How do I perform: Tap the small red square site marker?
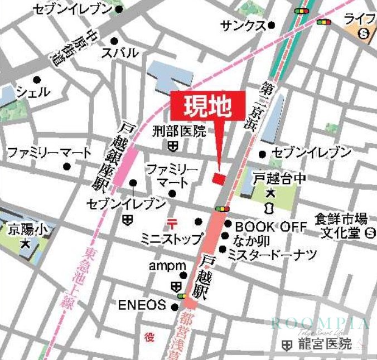pyautogui.click(x=219, y=178)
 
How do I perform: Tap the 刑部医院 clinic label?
pyautogui.click(x=179, y=132)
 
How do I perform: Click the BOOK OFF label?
pyautogui.click(x=271, y=226)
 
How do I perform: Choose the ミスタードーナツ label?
pyautogui.click(x=272, y=255)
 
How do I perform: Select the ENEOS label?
pyautogui.click(x=142, y=305)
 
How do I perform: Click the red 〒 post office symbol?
pyautogui.click(x=172, y=223)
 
